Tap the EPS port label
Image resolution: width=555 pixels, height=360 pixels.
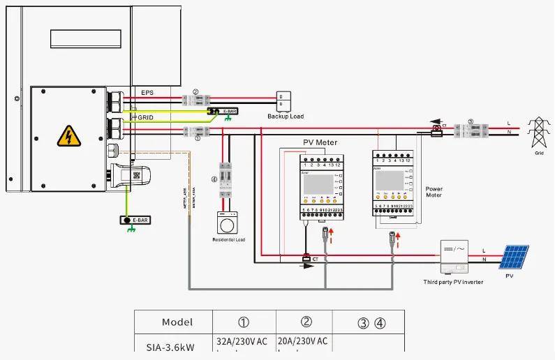pos(147,92)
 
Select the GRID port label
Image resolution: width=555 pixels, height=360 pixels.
pos(145,118)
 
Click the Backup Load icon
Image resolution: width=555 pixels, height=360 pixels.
pos(285,100)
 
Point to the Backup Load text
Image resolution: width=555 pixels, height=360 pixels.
pos(286,117)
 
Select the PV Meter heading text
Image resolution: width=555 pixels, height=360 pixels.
pos(320,142)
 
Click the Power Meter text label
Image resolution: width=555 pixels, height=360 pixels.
pos(434,192)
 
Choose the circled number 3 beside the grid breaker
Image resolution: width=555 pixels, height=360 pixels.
pos(470,121)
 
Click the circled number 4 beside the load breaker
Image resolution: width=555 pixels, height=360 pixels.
pos(214,179)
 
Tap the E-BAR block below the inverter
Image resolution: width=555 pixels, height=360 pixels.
pos(135,220)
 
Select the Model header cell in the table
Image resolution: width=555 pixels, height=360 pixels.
pos(177,322)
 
